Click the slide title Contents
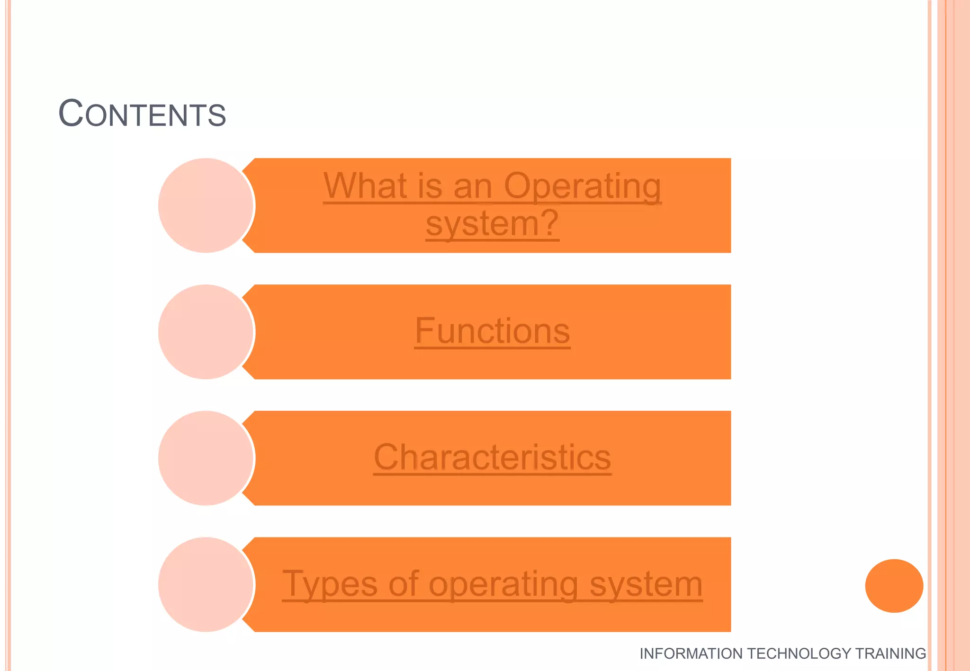point(142,114)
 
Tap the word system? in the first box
point(492,223)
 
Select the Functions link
point(492,331)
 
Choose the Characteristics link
point(492,458)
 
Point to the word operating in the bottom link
point(503,585)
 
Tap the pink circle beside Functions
point(206,332)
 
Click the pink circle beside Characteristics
point(206,458)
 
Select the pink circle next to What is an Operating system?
point(206,205)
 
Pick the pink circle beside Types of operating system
point(206,584)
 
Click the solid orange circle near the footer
point(894,586)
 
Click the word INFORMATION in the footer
point(691,653)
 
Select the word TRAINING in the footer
point(890,653)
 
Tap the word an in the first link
point(473,186)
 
